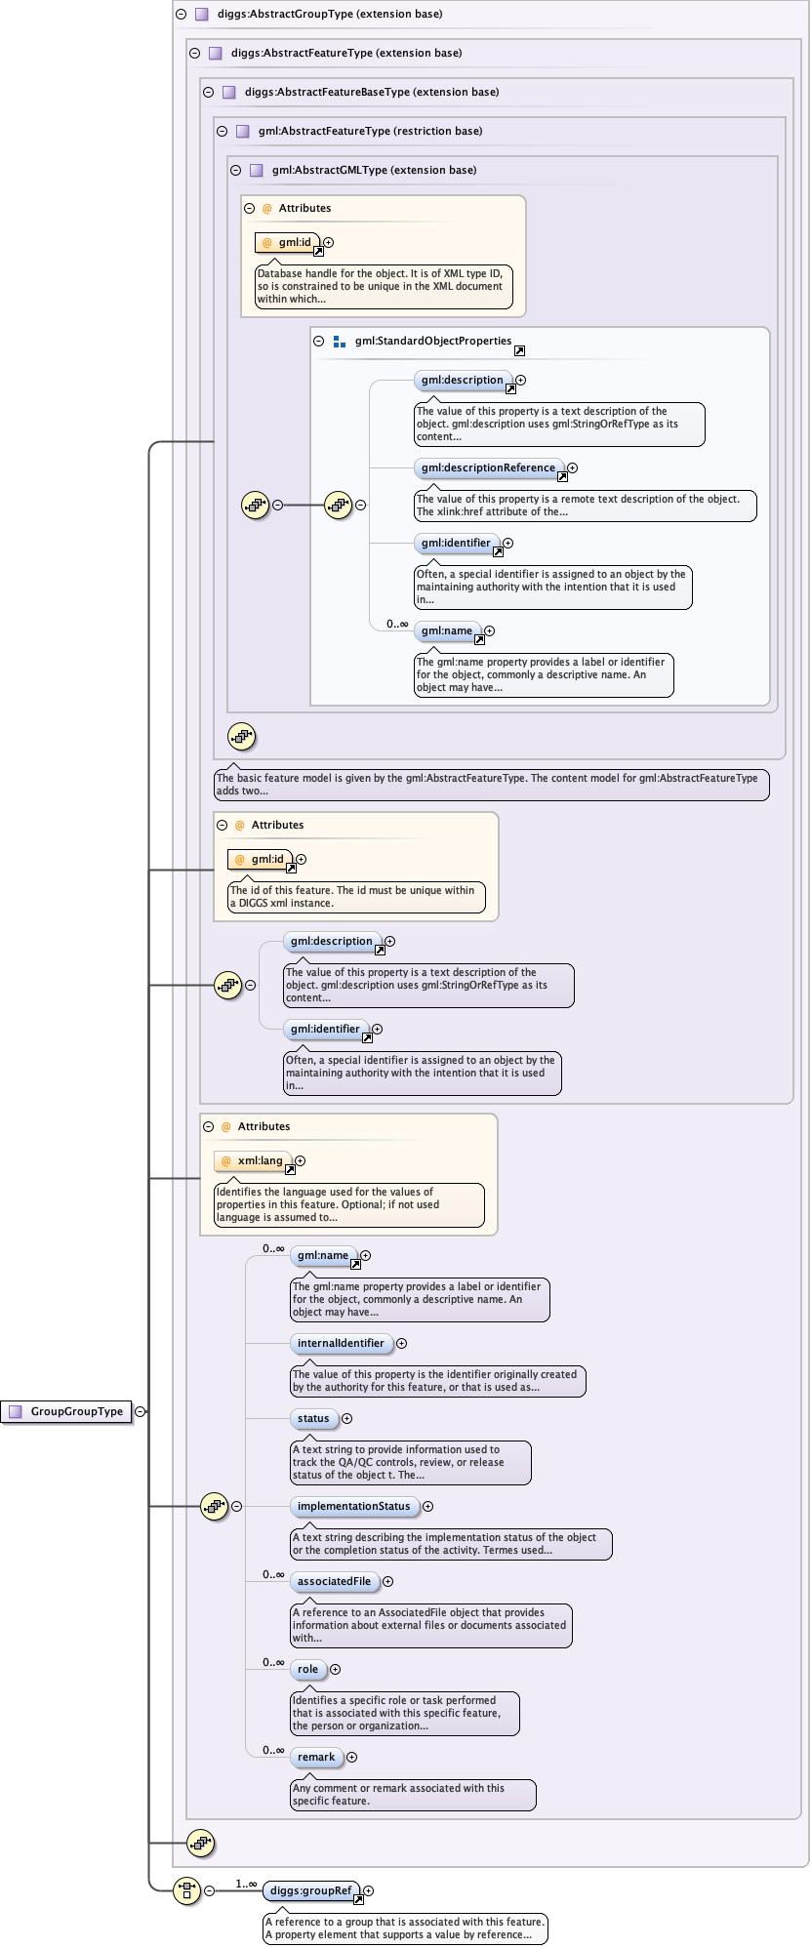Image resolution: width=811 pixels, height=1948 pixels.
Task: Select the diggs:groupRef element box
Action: [x=310, y=1890]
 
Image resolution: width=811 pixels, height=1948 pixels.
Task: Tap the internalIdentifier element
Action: [x=341, y=1343]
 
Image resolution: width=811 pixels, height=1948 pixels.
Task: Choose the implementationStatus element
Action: [x=353, y=1506]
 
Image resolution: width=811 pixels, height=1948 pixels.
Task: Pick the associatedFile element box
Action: [x=334, y=1581]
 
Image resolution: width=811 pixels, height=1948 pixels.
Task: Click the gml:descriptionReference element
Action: [x=488, y=467]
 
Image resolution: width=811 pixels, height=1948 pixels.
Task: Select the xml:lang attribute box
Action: [x=253, y=1161]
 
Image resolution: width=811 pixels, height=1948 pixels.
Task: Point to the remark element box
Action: [x=316, y=1757]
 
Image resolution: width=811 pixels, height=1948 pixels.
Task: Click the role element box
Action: [x=307, y=1669]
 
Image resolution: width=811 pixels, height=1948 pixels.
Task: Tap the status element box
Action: [x=313, y=1418]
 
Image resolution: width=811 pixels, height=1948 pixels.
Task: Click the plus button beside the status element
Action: [x=346, y=1419]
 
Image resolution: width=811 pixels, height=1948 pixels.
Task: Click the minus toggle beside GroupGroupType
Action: [x=141, y=1411]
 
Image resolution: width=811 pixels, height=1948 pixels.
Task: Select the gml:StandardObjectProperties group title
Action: [x=432, y=342]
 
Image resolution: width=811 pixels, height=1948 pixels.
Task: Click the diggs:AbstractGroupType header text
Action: [x=330, y=15]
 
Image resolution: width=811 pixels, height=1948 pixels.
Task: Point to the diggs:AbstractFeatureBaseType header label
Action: [x=371, y=92]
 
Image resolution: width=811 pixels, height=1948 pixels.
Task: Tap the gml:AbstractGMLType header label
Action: [x=374, y=170]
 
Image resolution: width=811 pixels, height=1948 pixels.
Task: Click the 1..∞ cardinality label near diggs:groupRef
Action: [x=246, y=1884]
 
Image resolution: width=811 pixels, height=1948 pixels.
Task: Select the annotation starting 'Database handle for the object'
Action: [x=384, y=286]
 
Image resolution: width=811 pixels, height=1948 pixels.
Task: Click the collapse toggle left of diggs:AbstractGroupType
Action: [x=181, y=15]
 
